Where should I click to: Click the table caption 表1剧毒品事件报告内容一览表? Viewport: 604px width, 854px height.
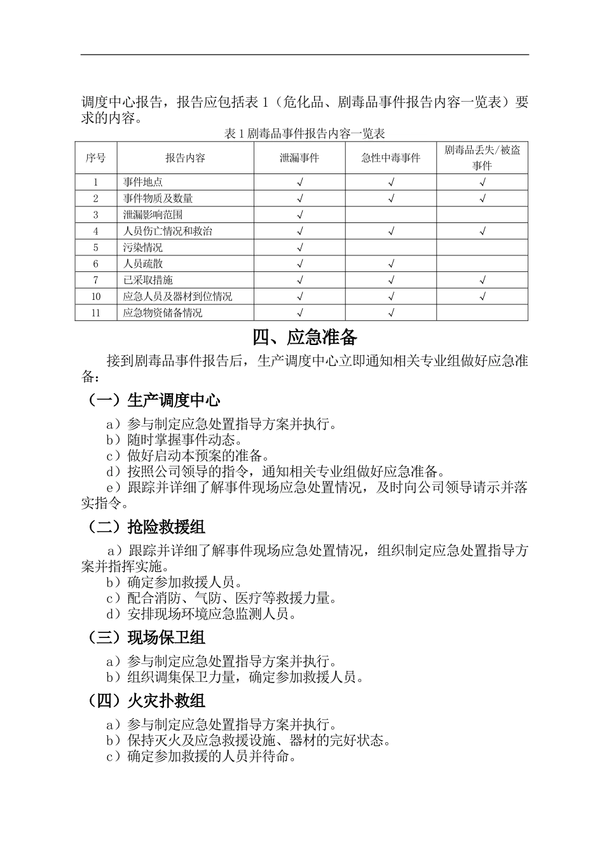tap(305, 133)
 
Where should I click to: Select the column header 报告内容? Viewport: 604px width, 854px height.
tap(185, 158)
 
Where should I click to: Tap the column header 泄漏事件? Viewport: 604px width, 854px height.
tap(299, 158)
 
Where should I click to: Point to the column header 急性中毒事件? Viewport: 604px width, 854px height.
tap(391, 158)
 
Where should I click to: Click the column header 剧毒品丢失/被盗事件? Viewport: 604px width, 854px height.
tap(482, 158)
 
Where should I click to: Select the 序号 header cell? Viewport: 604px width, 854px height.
tap(96, 158)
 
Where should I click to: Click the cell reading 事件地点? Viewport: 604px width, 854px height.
tap(143, 182)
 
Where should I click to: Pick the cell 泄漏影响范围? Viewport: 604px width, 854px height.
tap(153, 215)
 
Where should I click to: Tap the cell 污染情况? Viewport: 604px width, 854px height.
tap(143, 248)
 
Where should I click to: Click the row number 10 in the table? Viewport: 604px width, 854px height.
tap(96, 297)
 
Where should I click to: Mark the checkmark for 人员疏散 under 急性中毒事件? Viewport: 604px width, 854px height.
tap(391, 264)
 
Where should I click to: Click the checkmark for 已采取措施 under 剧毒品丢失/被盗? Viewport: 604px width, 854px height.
tap(482, 280)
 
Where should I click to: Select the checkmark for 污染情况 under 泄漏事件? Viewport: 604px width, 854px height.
tap(299, 248)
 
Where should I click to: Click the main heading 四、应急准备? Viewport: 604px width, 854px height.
tap(305, 337)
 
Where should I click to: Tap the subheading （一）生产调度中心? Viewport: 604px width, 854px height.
tap(154, 400)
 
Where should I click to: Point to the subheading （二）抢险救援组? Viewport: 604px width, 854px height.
tap(146, 527)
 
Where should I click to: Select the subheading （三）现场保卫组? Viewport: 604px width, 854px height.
tap(146, 637)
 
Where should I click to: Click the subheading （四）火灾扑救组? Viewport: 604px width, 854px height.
tap(146, 701)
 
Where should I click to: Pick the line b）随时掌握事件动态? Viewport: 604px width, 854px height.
tap(174, 440)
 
